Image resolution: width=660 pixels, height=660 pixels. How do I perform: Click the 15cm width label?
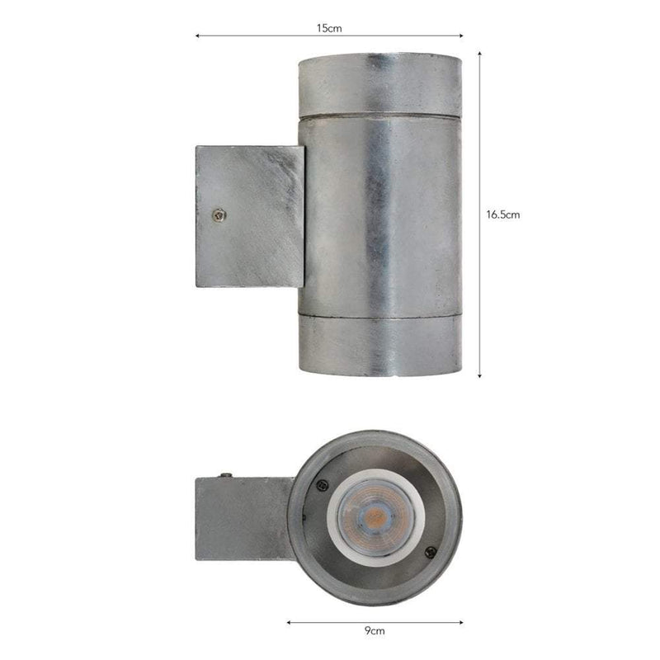pyautogui.click(x=328, y=28)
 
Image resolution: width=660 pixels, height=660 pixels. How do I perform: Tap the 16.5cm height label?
pyautogui.click(x=502, y=214)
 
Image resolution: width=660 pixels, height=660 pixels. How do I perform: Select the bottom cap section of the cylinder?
pyautogui.click(x=379, y=345)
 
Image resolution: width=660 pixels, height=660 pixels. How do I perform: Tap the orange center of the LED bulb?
pyautogui.click(x=373, y=517)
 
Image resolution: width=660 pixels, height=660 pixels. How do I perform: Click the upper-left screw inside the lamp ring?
pyautogui.click(x=323, y=486)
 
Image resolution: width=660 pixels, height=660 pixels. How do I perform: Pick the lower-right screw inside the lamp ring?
pyautogui.click(x=429, y=552)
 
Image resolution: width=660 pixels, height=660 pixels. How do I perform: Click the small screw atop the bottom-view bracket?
pyautogui.click(x=223, y=475)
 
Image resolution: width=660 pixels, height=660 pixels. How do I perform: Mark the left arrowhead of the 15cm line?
pyautogui.click(x=197, y=36)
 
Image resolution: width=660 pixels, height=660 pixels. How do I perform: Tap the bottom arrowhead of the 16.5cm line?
pyautogui.click(x=479, y=375)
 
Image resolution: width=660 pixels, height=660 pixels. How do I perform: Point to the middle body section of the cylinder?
pyautogui.click(x=379, y=214)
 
